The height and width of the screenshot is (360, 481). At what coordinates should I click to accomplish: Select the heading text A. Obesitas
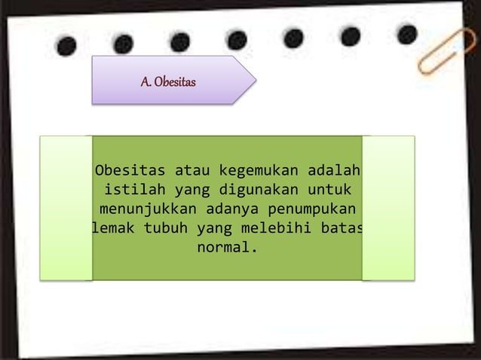pos(168,81)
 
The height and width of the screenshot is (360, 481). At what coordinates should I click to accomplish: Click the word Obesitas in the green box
pos(127,167)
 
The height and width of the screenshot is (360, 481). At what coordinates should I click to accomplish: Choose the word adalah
pos(335,167)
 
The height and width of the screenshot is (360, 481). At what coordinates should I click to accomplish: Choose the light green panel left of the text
pos(66,208)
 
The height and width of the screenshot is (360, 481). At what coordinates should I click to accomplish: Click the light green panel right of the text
pos(388,208)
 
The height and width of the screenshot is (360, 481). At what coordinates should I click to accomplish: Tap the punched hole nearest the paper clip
pos(407,34)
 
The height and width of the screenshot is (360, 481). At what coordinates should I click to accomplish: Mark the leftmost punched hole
pos(66,45)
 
